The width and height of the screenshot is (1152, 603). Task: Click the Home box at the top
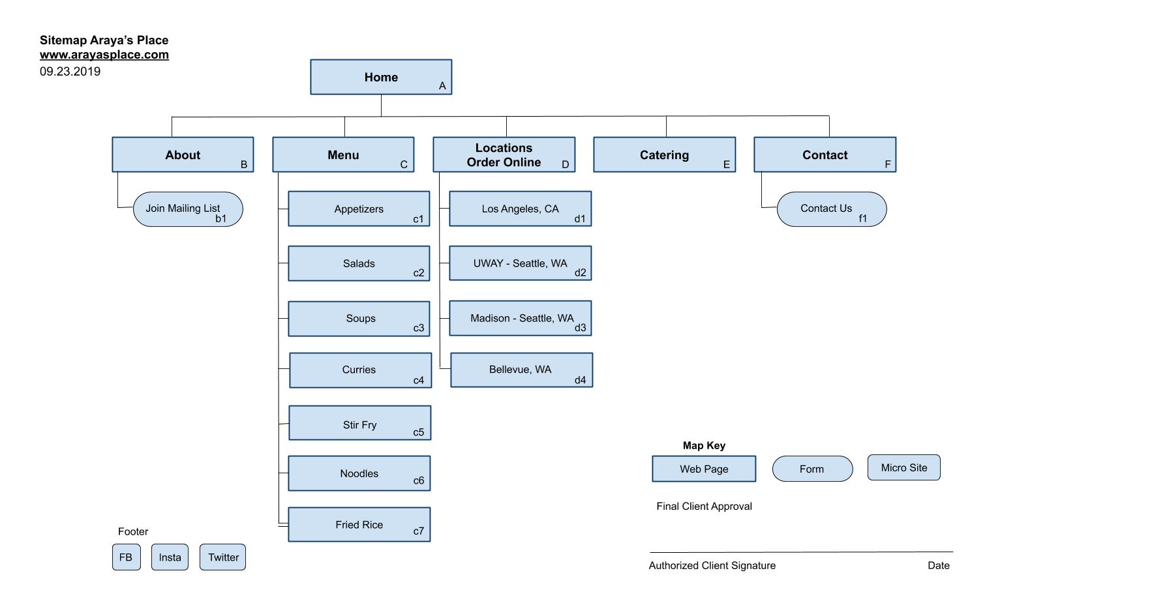[x=381, y=77]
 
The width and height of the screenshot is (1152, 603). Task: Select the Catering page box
[x=664, y=154]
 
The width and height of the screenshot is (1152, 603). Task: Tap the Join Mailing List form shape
[x=188, y=209]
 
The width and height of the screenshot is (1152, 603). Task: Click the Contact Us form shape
[x=832, y=209]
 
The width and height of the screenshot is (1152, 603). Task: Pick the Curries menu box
[x=360, y=370]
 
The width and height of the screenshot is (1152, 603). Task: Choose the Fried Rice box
[x=359, y=525]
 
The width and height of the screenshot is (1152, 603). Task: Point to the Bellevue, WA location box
[x=521, y=370]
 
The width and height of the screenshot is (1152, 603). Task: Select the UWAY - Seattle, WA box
[x=520, y=263]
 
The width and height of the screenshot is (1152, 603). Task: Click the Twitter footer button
[x=223, y=557]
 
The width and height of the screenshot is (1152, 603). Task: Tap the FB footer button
[x=126, y=557]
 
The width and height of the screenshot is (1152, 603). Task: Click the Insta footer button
[x=170, y=557]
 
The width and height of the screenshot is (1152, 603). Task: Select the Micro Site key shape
[x=903, y=467]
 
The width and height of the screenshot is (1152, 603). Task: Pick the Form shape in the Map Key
[x=812, y=469]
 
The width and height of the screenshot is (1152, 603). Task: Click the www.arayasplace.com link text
[x=104, y=55]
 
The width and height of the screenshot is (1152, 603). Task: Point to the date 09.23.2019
[x=70, y=72]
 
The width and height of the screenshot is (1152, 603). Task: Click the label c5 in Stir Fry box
[x=418, y=432]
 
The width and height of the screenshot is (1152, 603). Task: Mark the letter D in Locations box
[x=566, y=165]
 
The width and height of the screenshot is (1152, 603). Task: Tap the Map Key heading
[x=704, y=445]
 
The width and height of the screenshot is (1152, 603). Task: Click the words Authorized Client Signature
[x=712, y=566]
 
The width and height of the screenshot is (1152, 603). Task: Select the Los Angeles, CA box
[x=520, y=209]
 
